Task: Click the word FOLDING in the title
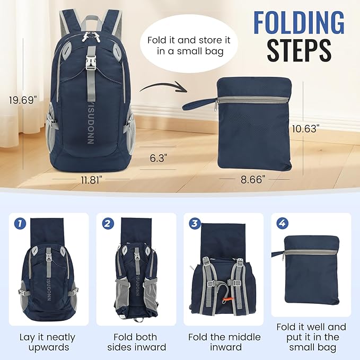(x=298, y=22)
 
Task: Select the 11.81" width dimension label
(x=91, y=179)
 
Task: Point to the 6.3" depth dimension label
(x=159, y=157)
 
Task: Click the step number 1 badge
(x=19, y=223)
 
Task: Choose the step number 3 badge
(x=194, y=223)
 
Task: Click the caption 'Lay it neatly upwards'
(x=47, y=342)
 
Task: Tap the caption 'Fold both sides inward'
(x=135, y=342)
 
